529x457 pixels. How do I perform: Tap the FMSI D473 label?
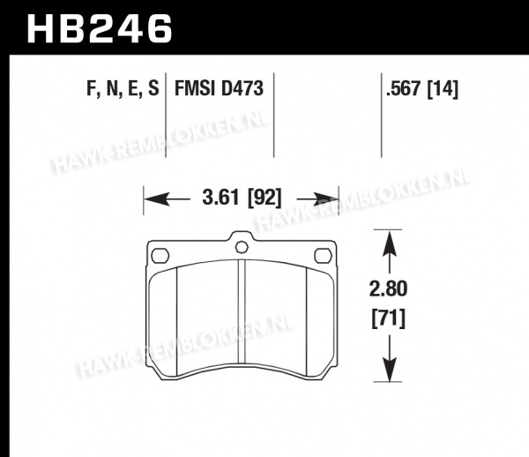(x=212, y=90)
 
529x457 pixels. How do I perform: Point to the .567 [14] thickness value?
(x=421, y=90)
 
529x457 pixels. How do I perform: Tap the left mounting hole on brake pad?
(x=160, y=256)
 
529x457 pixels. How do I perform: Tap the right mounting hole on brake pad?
(x=322, y=256)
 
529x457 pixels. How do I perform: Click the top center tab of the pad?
(x=241, y=244)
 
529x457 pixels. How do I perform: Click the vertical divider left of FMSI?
(x=167, y=115)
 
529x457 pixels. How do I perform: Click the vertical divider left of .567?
(x=379, y=115)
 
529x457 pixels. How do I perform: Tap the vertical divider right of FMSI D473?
(x=278, y=115)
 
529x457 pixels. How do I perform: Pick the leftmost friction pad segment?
(x=166, y=318)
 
